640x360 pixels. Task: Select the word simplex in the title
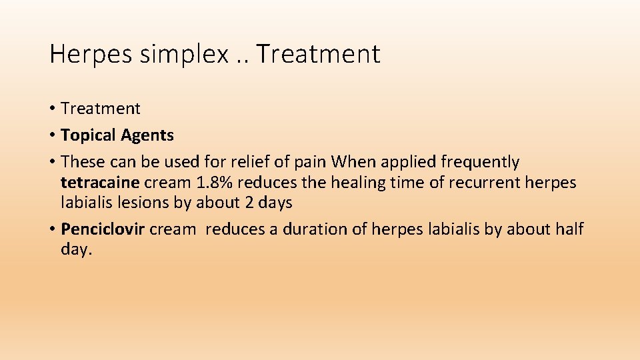(x=183, y=55)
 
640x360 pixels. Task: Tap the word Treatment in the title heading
(x=317, y=55)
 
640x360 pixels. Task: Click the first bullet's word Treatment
(x=100, y=109)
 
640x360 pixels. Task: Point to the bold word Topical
(x=88, y=135)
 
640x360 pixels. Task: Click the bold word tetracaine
(x=100, y=182)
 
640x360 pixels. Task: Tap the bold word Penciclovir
(x=103, y=229)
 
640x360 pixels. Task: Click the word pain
(x=311, y=162)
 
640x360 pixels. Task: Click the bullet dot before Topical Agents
(x=52, y=136)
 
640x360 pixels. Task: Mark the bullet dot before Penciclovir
(x=52, y=230)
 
